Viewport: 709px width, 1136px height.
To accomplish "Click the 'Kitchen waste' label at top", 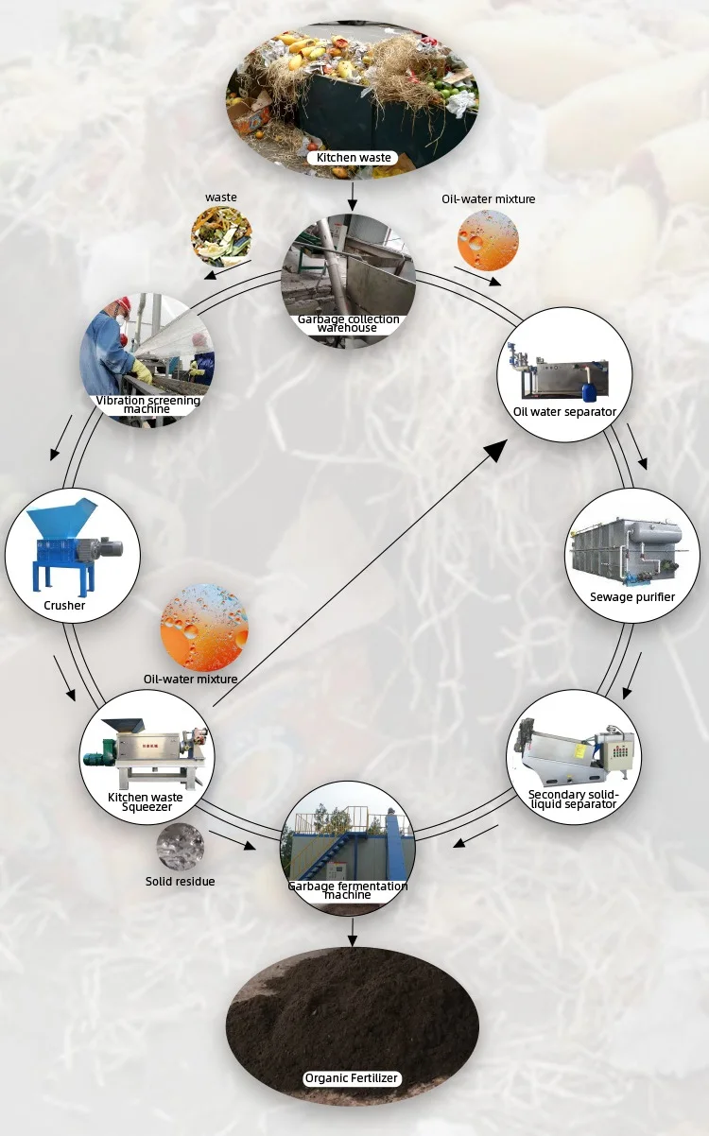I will [x=354, y=158].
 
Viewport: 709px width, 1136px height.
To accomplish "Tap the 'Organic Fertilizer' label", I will [x=352, y=1078].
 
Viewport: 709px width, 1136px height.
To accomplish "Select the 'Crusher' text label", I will [x=64, y=606].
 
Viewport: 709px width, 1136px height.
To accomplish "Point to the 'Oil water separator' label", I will [x=564, y=411].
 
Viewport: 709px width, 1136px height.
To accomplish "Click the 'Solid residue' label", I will [x=180, y=882].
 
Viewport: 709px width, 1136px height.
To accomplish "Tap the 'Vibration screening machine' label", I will [x=147, y=404].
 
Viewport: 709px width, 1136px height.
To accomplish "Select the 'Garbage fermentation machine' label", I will [x=348, y=890].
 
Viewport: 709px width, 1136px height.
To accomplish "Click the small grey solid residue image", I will [x=180, y=845].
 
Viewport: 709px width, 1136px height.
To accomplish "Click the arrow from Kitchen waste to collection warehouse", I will [x=353, y=197].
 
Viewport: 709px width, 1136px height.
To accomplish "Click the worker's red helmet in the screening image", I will [x=122, y=305].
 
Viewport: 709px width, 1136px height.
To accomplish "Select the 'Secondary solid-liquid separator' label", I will [x=572, y=800].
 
